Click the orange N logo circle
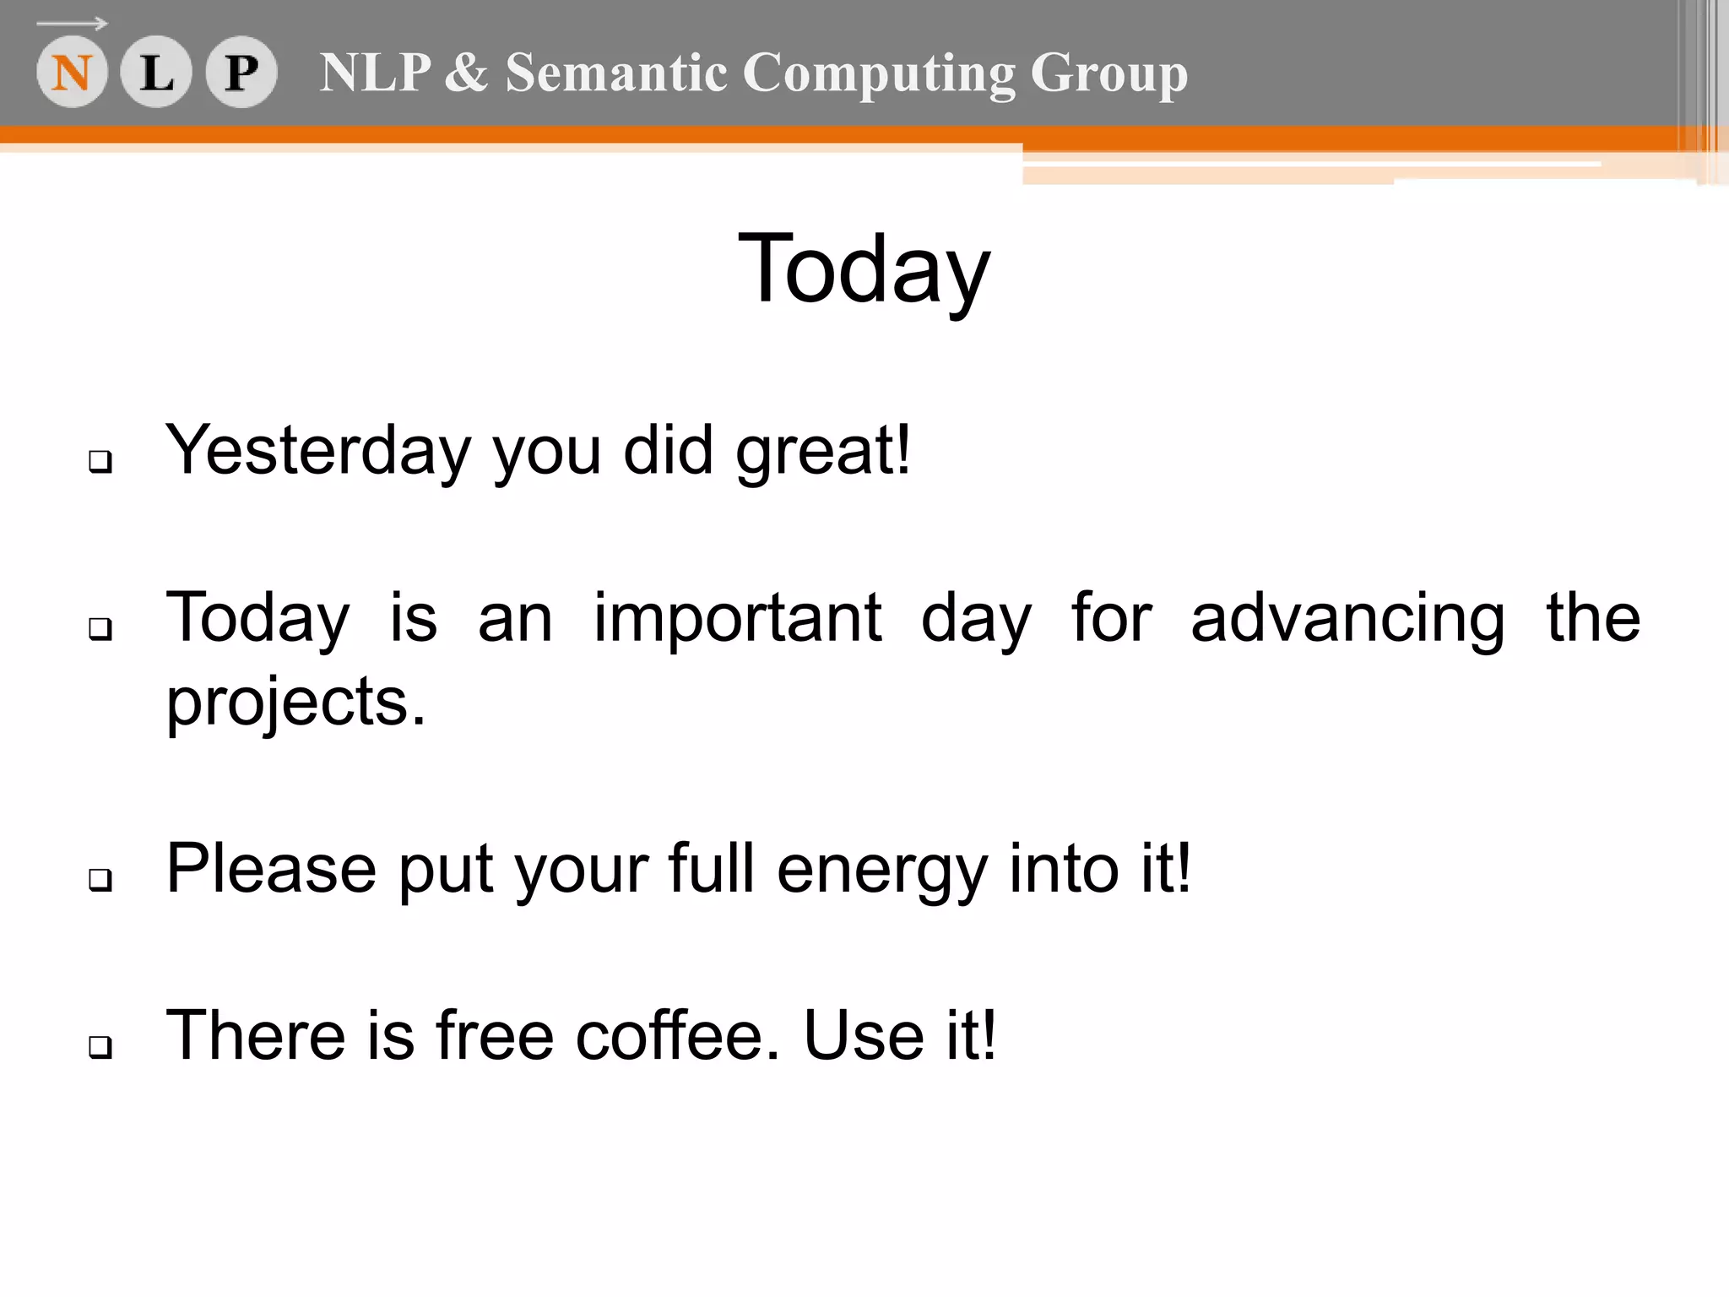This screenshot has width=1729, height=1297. tap(72, 73)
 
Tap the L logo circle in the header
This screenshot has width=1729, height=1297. tap(156, 73)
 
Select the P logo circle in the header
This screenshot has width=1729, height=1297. tap(241, 73)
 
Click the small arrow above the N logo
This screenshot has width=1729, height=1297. tap(73, 24)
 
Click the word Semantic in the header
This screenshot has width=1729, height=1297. tap(615, 73)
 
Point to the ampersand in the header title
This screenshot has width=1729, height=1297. tap(466, 73)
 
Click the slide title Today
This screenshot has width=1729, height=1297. tap(864, 269)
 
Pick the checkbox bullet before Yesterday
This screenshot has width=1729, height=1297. tap(100, 462)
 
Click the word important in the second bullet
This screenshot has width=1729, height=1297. tap(738, 619)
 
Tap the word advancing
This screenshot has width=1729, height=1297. tap(1347, 619)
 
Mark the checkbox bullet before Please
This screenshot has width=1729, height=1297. tap(100, 880)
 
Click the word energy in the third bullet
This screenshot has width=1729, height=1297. tap(881, 871)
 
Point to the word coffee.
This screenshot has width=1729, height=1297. tap(678, 1036)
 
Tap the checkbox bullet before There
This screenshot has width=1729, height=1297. tap(100, 1047)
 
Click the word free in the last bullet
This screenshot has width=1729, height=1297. tap(495, 1036)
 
